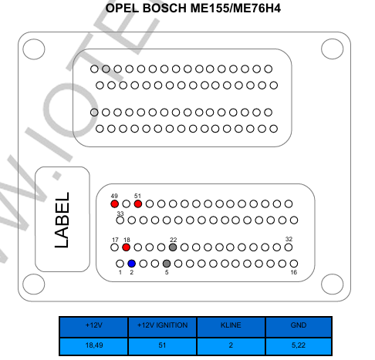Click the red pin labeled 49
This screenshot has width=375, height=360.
click(x=114, y=204)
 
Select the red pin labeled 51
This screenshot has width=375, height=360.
click(x=138, y=204)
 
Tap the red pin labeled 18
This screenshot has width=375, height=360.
click(x=126, y=247)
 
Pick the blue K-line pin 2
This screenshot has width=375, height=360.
click(x=132, y=264)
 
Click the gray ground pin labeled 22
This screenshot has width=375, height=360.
click(x=173, y=247)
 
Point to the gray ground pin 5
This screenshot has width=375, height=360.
click(x=167, y=264)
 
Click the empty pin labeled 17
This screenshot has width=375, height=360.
click(x=114, y=247)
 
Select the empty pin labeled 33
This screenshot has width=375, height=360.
click(x=120, y=220)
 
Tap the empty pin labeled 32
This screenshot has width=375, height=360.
click(x=289, y=247)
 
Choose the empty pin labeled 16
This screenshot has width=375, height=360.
click(x=294, y=264)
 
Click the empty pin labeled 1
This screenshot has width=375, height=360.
click(x=120, y=264)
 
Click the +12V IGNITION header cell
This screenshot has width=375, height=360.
click(x=162, y=327)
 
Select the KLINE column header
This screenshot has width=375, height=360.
click(x=231, y=327)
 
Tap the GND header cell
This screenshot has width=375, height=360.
click(x=299, y=327)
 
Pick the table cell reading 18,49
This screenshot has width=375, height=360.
click(x=94, y=346)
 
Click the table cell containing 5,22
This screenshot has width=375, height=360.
click(x=299, y=346)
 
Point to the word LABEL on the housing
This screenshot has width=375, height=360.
click(x=62, y=220)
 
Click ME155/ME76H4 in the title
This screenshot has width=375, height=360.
click(x=235, y=8)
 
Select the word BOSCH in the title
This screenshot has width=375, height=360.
click(x=164, y=8)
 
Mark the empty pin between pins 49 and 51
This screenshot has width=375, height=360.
click(x=127, y=204)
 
